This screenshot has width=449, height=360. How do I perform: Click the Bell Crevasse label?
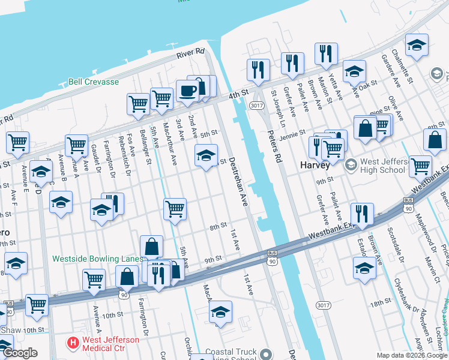[x=93, y=82]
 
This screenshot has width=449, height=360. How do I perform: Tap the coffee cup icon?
[x=187, y=91]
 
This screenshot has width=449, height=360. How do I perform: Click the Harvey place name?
[x=315, y=164]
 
